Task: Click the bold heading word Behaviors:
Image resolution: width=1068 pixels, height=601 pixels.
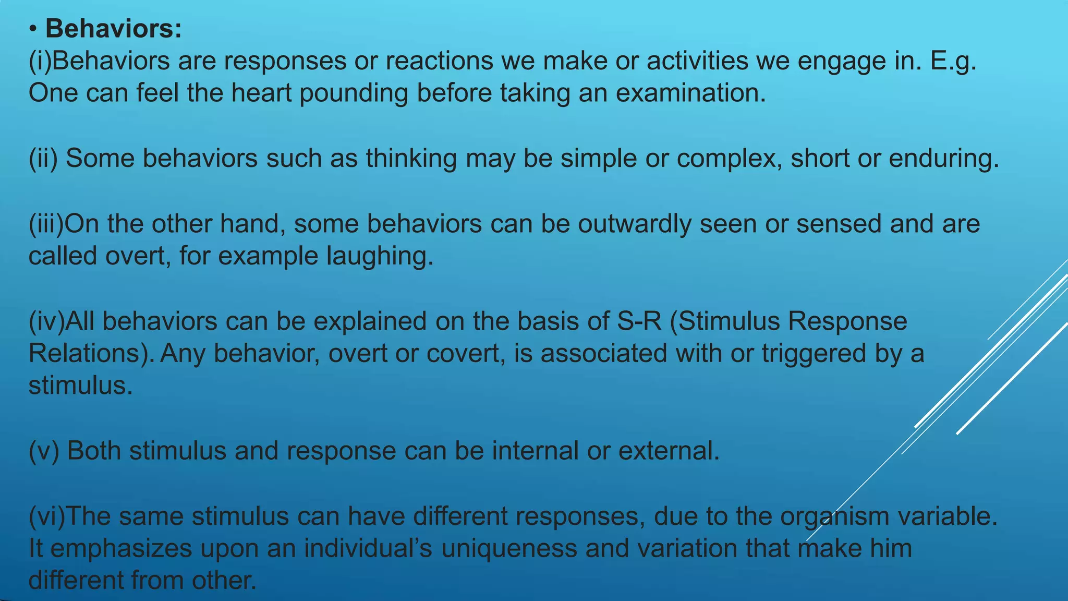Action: coord(114,29)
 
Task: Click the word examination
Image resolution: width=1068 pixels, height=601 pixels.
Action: coord(691,93)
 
